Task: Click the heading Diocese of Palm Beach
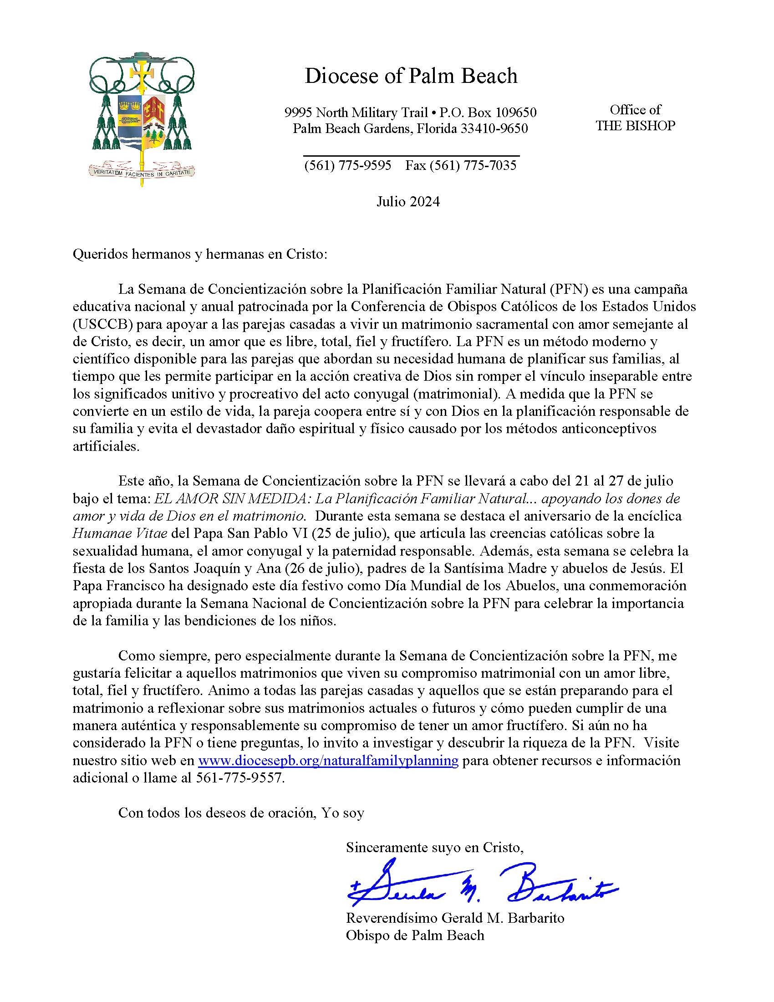pyautogui.click(x=411, y=76)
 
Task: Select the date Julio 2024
pyautogui.click(x=407, y=202)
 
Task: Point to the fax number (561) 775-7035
pyautogui.click(x=461, y=165)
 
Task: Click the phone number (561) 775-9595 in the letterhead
pyautogui.click(x=347, y=165)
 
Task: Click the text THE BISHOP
pyautogui.click(x=635, y=125)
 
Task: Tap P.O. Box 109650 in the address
pyautogui.click(x=488, y=112)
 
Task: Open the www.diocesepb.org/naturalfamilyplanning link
pyautogui.click(x=328, y=760)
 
